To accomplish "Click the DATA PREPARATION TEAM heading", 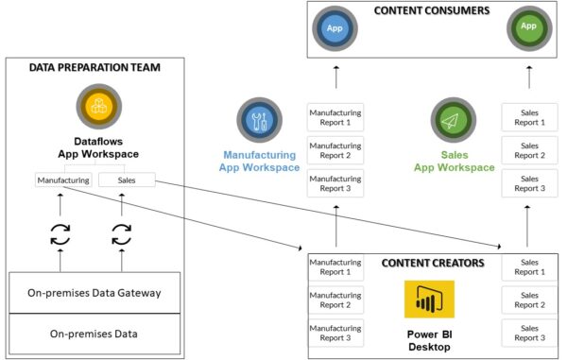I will (94, 68).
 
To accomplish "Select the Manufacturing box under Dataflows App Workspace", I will (63, 179).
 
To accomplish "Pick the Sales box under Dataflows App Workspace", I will (127, 179).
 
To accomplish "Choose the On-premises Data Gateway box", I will (94, 293).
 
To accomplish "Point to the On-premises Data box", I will (94, 334).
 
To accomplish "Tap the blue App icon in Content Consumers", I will (335, 27).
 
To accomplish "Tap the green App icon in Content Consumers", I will (528, 27).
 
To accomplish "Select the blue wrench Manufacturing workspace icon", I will (260, 121).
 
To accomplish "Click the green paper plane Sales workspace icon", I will (455, 121).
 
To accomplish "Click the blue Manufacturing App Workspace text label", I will (260, 162).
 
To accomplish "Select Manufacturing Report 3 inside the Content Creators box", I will (335, 332).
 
